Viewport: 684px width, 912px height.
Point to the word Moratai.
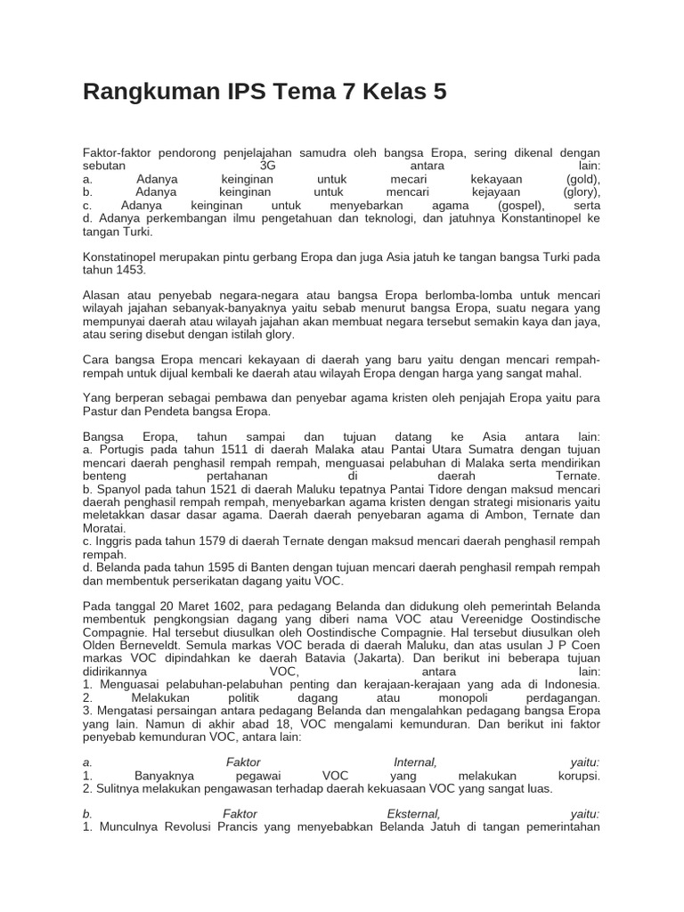[x=105, y=528]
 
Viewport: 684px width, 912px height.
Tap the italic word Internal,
[x=415, y=762]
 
